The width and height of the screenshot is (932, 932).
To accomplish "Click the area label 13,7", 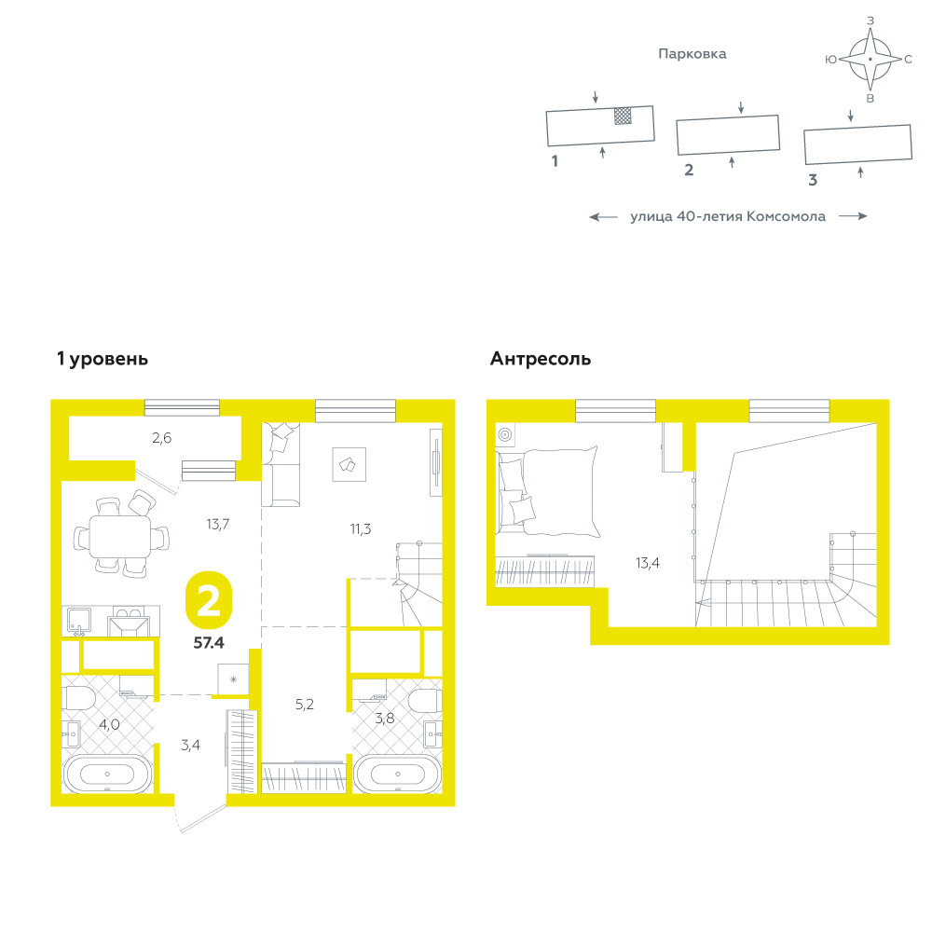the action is [x=217, y=524].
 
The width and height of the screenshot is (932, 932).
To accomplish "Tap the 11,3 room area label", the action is [x=360, y=528].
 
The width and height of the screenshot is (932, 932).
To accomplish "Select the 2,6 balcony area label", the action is [x=161, y=438].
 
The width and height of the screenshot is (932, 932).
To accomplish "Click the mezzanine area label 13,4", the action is [x=648, y=562].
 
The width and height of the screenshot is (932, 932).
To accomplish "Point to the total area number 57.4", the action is [x=209, y=642].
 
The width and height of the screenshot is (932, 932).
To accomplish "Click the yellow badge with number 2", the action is [x=209, y=600].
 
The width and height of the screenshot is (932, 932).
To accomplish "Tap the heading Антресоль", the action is [x=541, y=359].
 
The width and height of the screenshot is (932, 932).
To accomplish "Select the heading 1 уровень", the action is [x=103, y=359].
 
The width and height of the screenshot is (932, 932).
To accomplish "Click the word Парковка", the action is [x=692, y=54].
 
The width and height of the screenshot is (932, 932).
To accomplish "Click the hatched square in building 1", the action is [x=623, y=116].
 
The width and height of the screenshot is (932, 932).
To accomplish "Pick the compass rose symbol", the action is [x=870, y=59].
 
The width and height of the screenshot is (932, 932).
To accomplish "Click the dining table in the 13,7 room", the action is [x=120, y=536].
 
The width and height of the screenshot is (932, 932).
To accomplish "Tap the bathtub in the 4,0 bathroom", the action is [x=107, y=774].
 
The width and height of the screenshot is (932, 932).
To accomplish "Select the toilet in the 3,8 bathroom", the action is [x=425, y=701].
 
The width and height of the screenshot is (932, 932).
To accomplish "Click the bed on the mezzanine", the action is [x=547, y=492].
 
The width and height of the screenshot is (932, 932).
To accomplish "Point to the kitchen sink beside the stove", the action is [x=78, y=621].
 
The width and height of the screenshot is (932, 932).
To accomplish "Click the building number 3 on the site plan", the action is [x=813, y=180].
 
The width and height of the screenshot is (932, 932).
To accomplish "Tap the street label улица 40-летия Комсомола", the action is [x=728, y=216].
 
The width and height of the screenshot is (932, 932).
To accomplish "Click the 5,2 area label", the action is [x=305, y=705].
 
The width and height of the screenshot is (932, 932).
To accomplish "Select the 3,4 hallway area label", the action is [x=190, y=745].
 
